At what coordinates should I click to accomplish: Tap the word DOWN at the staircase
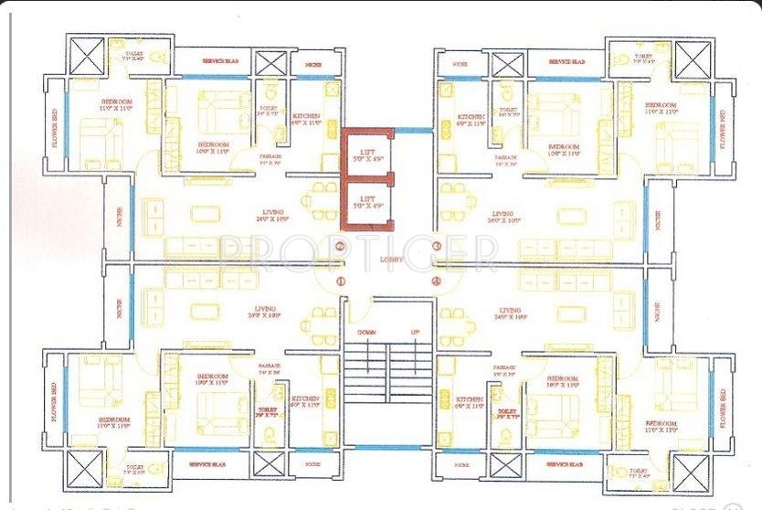pyautogui.click(x=366, y=331)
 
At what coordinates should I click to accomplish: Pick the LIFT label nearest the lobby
pyautogui.click(x=368, y=201)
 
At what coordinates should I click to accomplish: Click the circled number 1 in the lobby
pyautogui.click(x=340, y=282)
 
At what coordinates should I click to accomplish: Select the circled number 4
pyautogui.click(x=437, y=282)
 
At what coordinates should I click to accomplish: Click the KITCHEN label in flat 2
pyautogui.click(x=306, y=118)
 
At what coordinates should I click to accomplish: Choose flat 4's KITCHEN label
pyautogui.click(x=470, y=399)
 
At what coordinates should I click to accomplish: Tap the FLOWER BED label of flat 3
pyautogui.click(x=722, y=130)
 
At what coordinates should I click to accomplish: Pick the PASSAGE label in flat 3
pyautogui.click(x=507, y=158)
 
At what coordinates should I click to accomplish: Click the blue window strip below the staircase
pyautogui.click(x=387, y=448)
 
